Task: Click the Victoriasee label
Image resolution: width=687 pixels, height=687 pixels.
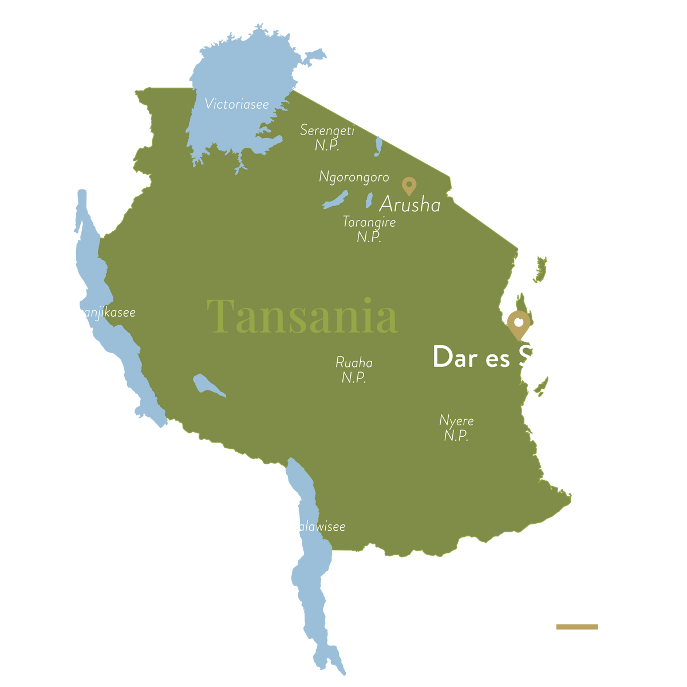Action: pos(236,104)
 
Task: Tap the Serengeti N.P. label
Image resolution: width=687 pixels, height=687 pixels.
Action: pos(327,137)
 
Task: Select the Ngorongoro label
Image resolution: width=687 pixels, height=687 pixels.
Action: pos(354,177)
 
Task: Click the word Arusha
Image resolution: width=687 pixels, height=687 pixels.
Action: pos(410,205)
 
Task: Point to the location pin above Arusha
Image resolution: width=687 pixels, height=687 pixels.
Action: pos(409,185)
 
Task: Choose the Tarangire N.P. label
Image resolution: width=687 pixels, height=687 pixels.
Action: pos(369,229)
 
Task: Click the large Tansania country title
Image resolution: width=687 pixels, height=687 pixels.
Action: pos(302,316)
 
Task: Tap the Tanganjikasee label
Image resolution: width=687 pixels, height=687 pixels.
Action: pos(96,313)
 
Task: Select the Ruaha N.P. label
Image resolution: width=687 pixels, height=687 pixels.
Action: pos(354,370)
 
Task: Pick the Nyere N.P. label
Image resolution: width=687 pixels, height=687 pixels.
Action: pos(456,428)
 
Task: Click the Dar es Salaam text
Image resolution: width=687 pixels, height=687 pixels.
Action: pos(519,358)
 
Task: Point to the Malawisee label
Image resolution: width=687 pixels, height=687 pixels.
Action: pos(315,526)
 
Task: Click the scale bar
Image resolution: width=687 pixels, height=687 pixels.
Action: pos(598,631)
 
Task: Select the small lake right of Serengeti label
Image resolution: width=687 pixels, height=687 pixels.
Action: pos(378,145)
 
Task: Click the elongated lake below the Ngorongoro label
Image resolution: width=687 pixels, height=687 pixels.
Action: pos(335,200)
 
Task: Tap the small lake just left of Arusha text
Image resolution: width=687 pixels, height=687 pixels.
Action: pos(370,200)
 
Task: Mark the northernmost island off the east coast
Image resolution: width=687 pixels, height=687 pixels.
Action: pos(539,269)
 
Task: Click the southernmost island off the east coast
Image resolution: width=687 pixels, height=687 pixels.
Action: pos(541,386)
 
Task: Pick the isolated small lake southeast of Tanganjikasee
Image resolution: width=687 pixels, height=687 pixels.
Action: pos(207,385)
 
